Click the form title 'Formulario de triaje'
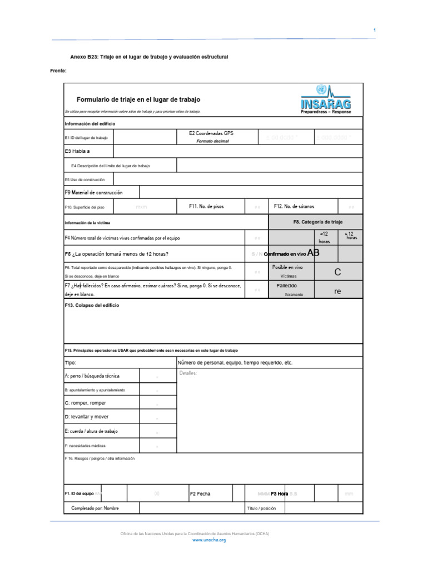click(x=138, y=99)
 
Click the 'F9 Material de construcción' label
click(x=93, y=192)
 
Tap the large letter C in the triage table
click(x=337, y=272)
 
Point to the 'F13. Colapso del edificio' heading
click(x=92, y=306)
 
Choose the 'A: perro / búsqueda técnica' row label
click(x=92, y=376)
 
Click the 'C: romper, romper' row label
click(x=85, y=403)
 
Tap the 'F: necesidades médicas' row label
click(x=85, y=446)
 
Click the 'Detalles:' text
click(x=188, y=373)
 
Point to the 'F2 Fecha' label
click(x=200, y=493)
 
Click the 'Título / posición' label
click(x=261, y=508)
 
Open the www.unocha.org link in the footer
click(x=209, y=540)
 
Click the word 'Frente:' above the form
click(x=58, y=71)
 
